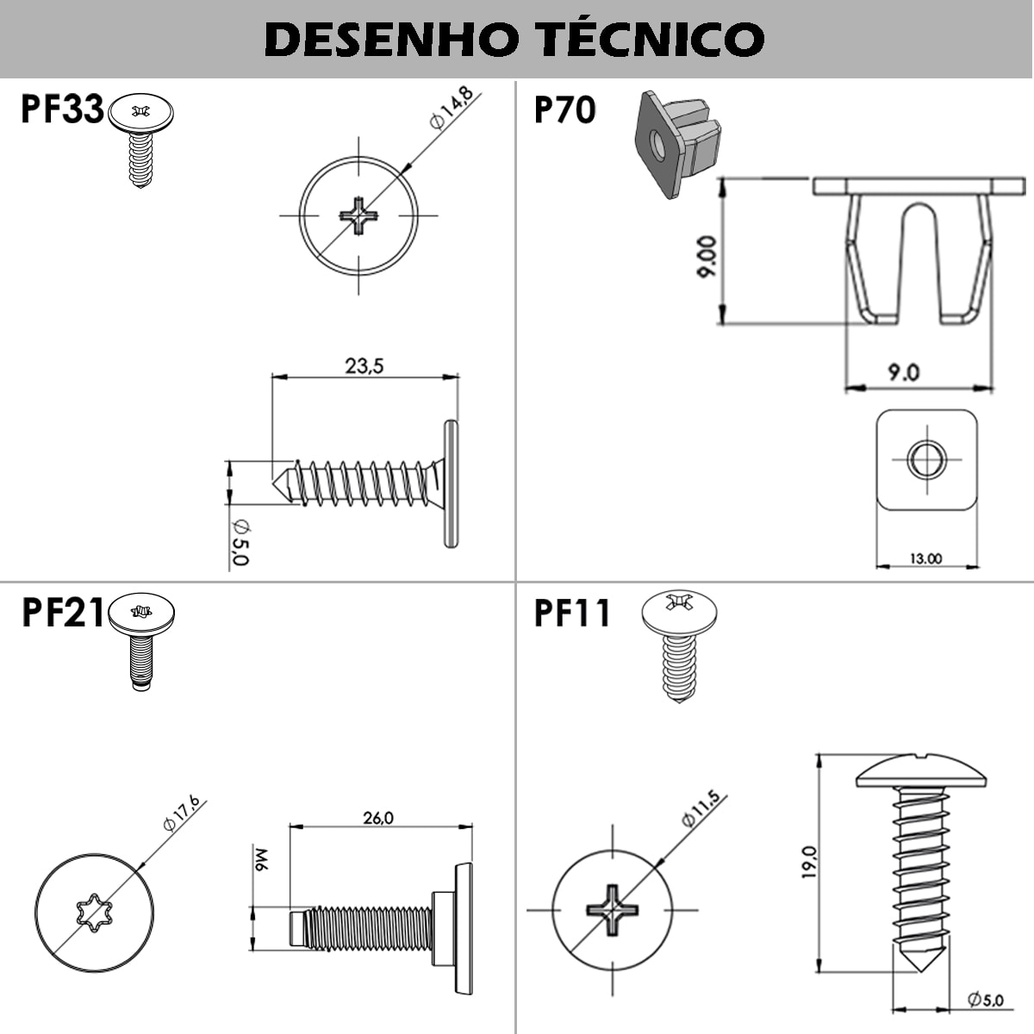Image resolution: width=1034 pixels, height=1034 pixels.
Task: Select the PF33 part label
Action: (x=62, y=110)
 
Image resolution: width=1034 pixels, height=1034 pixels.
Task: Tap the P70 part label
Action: (x=564, y=110)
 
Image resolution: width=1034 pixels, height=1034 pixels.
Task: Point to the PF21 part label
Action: (x=62, y=613)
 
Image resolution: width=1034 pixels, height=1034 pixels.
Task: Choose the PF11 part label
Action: (x=572, y=613)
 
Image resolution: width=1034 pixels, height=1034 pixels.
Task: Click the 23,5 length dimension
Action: (x=364, y=365)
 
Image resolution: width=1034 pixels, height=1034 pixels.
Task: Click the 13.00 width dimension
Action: (x=925, y=558)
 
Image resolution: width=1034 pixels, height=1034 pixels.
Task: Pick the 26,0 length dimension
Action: (x=377, y=817)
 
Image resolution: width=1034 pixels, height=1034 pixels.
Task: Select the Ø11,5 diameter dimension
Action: (x=699, y=809)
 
